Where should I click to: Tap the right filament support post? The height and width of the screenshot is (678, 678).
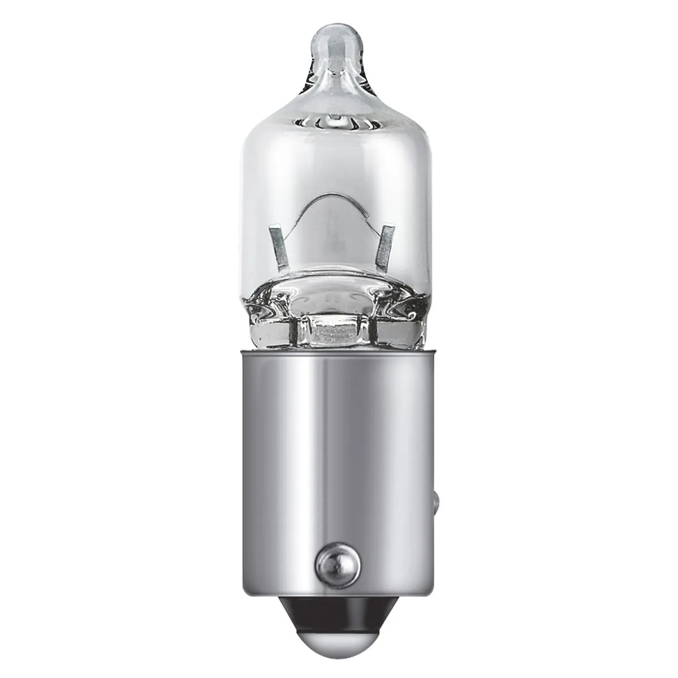pos(387,245)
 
